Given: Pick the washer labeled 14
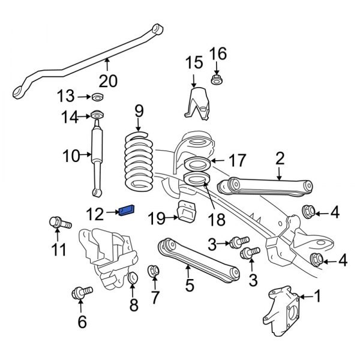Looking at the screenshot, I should point(95,116).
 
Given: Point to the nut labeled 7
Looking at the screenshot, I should point(153,272).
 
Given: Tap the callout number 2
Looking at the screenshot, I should point(279,158).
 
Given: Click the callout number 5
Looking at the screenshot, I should point(190,286).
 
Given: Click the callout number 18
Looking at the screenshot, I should point(217,219).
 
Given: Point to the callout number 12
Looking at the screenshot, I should point(94,212).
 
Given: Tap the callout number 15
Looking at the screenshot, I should point(194,62).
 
